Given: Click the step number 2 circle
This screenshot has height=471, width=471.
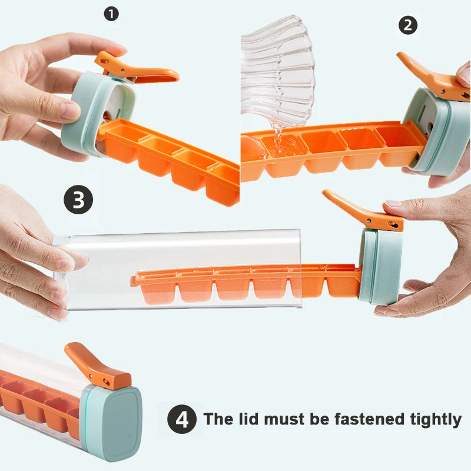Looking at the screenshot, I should click(407, 25).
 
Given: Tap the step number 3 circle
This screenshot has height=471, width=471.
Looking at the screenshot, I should click(78, 200).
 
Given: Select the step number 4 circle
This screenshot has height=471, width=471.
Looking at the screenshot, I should click(183, 420).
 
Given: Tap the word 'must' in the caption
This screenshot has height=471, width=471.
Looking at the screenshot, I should click(282, 419).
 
